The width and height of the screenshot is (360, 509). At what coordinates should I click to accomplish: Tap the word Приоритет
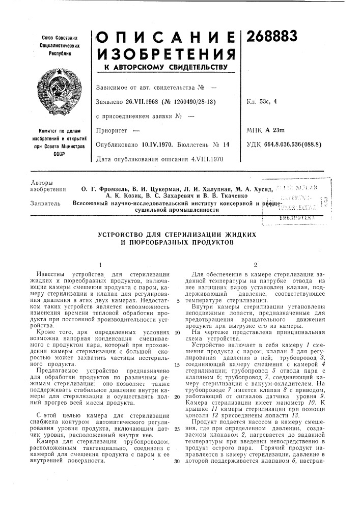(x=110, y=131)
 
